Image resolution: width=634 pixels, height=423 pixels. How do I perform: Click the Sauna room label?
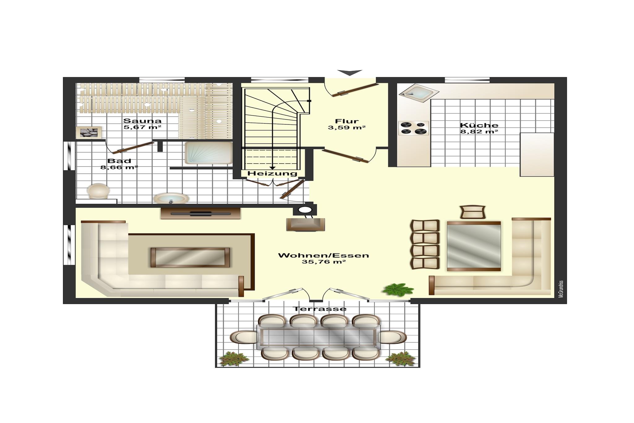coord(142,121)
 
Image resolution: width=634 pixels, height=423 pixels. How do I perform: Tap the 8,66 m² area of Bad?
coord(119,168)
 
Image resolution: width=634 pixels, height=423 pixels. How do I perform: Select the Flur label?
coord(347,121)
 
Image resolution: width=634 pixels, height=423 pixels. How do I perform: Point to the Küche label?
coord(479,125)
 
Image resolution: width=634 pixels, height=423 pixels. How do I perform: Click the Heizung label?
coord(272,174)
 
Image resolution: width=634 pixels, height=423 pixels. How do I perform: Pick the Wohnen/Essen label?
coord(324,255)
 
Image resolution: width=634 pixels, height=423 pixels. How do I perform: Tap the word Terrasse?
coord(320,309)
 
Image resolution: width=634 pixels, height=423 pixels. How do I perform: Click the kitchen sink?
coord(419,92)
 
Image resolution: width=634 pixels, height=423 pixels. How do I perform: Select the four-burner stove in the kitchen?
coord(414,128)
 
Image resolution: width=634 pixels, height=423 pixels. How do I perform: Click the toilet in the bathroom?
coord(98,191)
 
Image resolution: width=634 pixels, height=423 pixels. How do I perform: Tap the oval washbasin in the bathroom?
coord(171,198)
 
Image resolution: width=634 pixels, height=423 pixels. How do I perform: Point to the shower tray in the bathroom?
coord(209,153)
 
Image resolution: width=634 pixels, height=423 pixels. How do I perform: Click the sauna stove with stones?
coord(89,133)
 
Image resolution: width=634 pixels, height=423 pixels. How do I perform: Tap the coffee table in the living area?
coord(190,257)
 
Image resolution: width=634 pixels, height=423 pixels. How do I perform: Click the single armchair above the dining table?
coord(472,212)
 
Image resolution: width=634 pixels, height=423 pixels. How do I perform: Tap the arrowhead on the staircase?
coord(273,168)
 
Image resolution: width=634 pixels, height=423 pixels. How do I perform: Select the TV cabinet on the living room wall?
coord(201,213)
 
